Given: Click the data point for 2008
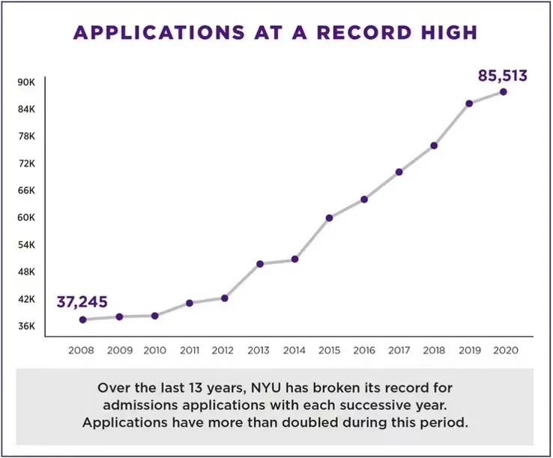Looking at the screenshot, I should point(83,319).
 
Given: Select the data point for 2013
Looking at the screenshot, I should point(260,264).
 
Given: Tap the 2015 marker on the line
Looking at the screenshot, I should point(329,218).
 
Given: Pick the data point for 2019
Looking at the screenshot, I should point(469,103).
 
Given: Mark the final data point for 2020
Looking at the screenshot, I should point(504,92).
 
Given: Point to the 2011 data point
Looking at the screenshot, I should point(190,303).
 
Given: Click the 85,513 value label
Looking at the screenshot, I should point(503,76).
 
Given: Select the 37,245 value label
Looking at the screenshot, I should point(82,303).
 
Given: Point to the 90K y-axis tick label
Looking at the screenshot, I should point(26,82).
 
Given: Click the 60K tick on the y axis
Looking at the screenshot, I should point(26,218).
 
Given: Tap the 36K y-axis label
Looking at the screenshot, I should point(26,326).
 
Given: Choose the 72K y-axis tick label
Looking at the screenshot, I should point(26,163).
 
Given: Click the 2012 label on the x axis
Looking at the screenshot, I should point(224,349).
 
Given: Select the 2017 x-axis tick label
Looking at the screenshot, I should point(399,349).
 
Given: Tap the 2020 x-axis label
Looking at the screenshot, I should point(504,349).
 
